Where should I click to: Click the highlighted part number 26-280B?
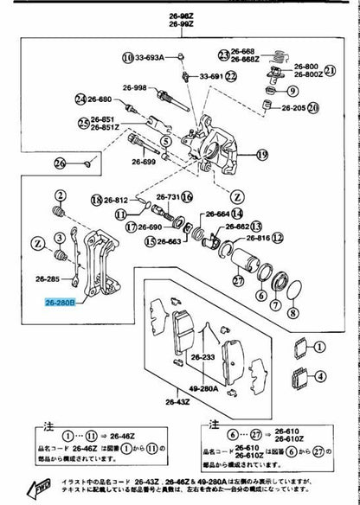61,303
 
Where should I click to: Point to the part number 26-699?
145,161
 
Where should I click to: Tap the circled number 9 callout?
292,90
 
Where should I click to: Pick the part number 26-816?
258,236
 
